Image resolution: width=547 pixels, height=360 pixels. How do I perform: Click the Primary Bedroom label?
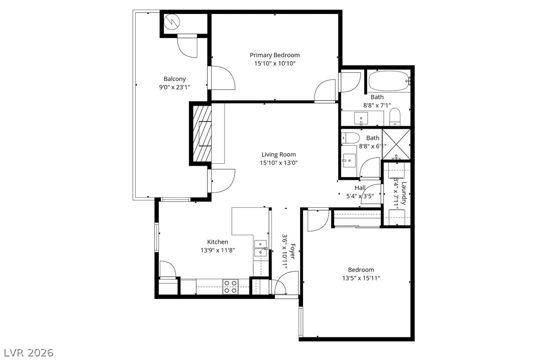pos(275,55)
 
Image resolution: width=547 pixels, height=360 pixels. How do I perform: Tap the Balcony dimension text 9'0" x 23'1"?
pos(174,87)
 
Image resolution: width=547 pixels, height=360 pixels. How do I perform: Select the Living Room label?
pos(279,155)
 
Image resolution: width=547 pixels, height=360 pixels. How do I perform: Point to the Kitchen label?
pos(218,242)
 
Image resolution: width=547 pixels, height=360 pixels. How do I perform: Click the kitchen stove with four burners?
pos(230,286)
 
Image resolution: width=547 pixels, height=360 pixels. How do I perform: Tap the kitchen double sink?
pos(260,248)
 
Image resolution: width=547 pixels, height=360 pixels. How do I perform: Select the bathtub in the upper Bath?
pos(389,80)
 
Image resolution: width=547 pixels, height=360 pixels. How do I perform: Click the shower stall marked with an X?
pos(396,145)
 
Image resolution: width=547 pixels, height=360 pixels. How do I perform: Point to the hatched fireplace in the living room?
pos(202,133)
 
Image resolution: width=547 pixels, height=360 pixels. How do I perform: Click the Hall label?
pos(360,188)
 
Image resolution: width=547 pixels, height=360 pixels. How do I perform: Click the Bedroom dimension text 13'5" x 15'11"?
pos(361,278)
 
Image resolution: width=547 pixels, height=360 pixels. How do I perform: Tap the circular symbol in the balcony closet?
pos(172,22)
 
